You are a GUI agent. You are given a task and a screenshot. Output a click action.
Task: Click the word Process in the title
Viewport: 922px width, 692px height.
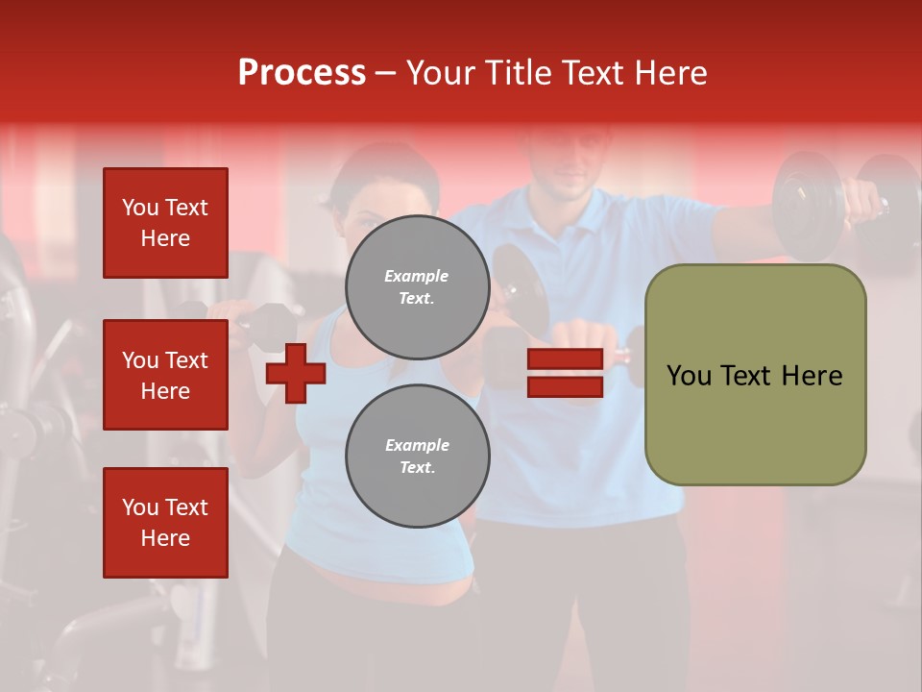(302, 73)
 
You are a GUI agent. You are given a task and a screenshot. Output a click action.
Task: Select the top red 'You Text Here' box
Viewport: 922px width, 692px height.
(165, 223)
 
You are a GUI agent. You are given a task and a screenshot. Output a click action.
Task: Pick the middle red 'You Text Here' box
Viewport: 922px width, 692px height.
(165, 375)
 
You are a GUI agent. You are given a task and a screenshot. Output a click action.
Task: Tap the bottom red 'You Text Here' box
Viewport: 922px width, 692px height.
(165, 522)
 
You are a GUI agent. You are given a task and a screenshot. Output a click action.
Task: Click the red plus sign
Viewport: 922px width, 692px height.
(296, 373)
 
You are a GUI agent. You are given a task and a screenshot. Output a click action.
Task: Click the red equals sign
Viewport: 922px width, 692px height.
(565, 373)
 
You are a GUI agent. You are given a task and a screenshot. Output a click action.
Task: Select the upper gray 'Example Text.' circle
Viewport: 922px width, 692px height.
(417, 286)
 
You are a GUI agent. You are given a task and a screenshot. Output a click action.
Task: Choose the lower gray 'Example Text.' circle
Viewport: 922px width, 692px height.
(417, 456)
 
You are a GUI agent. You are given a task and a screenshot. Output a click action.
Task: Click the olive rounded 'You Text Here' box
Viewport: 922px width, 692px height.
(755, 375)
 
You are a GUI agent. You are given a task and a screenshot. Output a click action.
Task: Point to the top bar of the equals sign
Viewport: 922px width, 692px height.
(565, 359)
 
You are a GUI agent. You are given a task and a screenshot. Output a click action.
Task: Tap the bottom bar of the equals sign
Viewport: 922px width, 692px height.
(565, 386)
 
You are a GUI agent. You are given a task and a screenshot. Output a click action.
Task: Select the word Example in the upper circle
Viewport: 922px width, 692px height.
(417, 276)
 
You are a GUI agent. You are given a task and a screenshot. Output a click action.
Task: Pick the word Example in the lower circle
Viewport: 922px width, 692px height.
(417, 445)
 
